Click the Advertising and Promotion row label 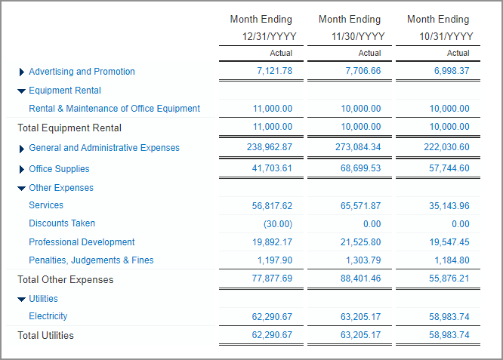coord(82,72)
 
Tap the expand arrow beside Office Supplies coord(21,169)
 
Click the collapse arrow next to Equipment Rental coord(21,91)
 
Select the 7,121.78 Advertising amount coord(274,71)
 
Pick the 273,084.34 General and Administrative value coord(358,148)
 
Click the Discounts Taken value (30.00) coord(278,224)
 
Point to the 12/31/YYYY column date coord(269,36)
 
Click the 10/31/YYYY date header coord(440,36)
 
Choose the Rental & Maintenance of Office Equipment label coord(114,109)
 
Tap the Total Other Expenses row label coord(65,280)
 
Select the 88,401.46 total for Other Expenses coord(361,279)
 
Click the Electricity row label coord(48,316)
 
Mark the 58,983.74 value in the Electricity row coord(449,317)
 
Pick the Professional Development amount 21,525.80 coord(361,242)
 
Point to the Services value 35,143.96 coord(449,205)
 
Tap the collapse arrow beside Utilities coord(21,299)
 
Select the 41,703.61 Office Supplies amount coord(272,169)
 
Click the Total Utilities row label coord(45,335)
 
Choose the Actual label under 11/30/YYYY coord(369,54)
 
